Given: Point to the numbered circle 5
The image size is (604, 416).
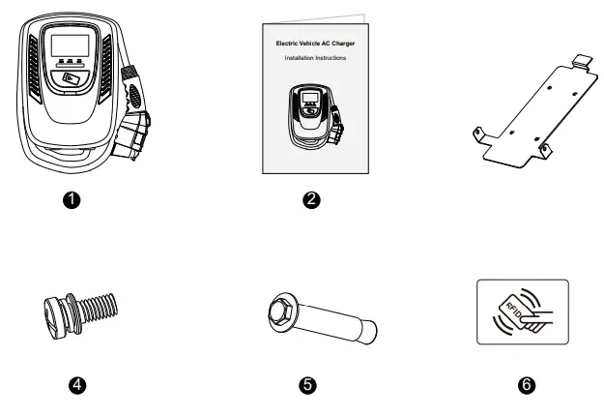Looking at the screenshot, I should click(306, 384).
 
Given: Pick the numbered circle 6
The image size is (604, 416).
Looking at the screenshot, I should click(526, 384).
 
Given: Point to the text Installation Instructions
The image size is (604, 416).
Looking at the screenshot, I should click(314, 59).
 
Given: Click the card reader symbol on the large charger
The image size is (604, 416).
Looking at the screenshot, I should click(70, 81).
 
